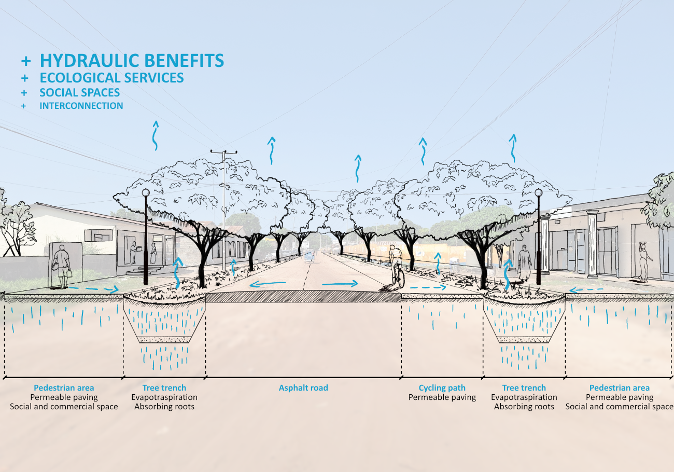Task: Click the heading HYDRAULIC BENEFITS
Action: click(x=132, y=61)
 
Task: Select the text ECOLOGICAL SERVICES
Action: click(x=111, y=78)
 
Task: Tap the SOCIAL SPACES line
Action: click(x=80, y=93)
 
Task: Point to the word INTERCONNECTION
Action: click(x=81, y=106)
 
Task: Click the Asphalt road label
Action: click(x=303, y=388)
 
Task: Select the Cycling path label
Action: click(x=442, y=388)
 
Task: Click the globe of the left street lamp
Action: click(x=146, y=193)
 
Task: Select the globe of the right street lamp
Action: click(x=539, y=192)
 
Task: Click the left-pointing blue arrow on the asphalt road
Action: click(x=267, y=284)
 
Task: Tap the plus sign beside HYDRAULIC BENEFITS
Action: click(x=26, y=61)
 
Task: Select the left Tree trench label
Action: click(x=164, y=388)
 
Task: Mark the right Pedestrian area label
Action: click(x=619, y=388)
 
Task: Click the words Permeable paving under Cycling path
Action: click(x=442, y=397)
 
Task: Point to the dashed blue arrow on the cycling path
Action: click(x=427, y=287)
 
